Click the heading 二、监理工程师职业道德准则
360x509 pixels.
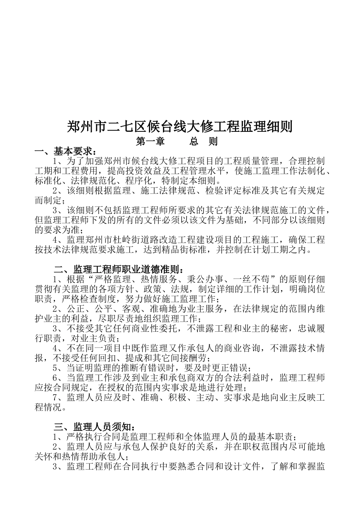coord(119,269)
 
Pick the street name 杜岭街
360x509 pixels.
coord(125,240)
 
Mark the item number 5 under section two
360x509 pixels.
coord(55,368)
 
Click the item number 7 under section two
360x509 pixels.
coord(55,398)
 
